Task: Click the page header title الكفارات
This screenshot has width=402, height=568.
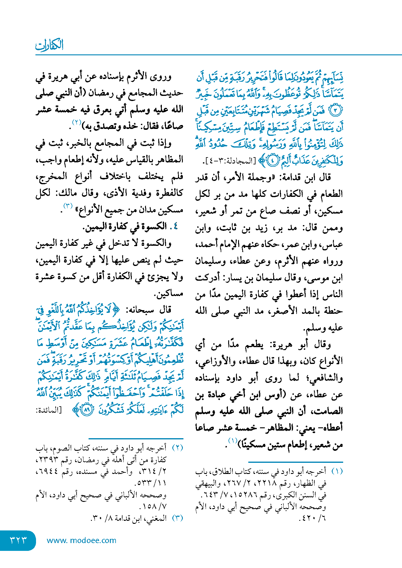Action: click(x=49, y=45)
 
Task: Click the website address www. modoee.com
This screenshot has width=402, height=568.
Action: click(x=81, y=540)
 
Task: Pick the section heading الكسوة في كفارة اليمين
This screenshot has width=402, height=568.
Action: click(x=129, y=226)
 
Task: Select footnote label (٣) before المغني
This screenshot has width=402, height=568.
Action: click(x=177, y=518)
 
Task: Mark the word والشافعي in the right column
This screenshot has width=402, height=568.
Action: click(x=324, y=378)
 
